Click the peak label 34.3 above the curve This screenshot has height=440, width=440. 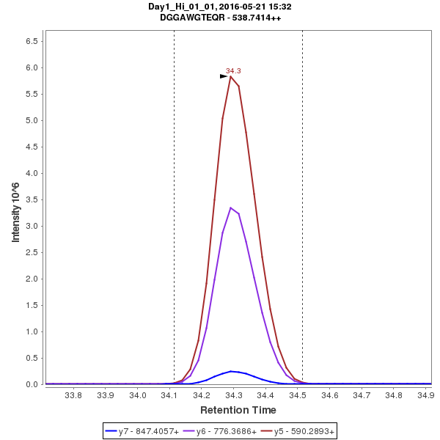point(233,71)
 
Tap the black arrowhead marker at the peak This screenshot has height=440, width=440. point(224,76)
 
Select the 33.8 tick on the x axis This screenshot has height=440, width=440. point(73,396)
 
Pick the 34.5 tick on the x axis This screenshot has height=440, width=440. point(298,396)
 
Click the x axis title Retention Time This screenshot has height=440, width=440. point(238,410)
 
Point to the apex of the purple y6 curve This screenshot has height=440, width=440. point(230,208)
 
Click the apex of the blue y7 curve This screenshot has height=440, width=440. point(231,371)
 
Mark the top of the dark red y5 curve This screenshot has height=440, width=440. point(230,76)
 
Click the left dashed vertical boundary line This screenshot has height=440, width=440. point(174,220)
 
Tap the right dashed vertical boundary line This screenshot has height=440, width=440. point(302,220)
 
